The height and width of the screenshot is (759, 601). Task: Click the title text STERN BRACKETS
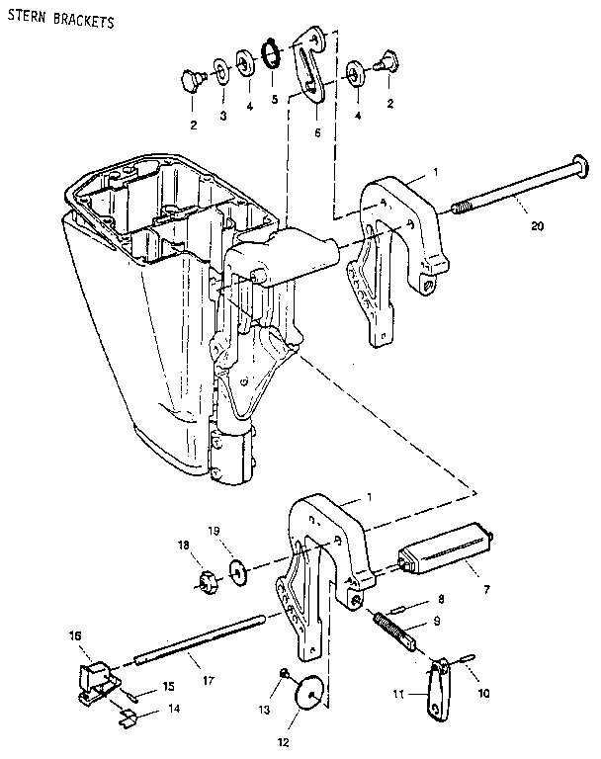[57, 21]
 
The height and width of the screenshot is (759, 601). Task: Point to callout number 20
[536, 225]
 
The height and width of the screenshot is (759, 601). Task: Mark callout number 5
[274, 98]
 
